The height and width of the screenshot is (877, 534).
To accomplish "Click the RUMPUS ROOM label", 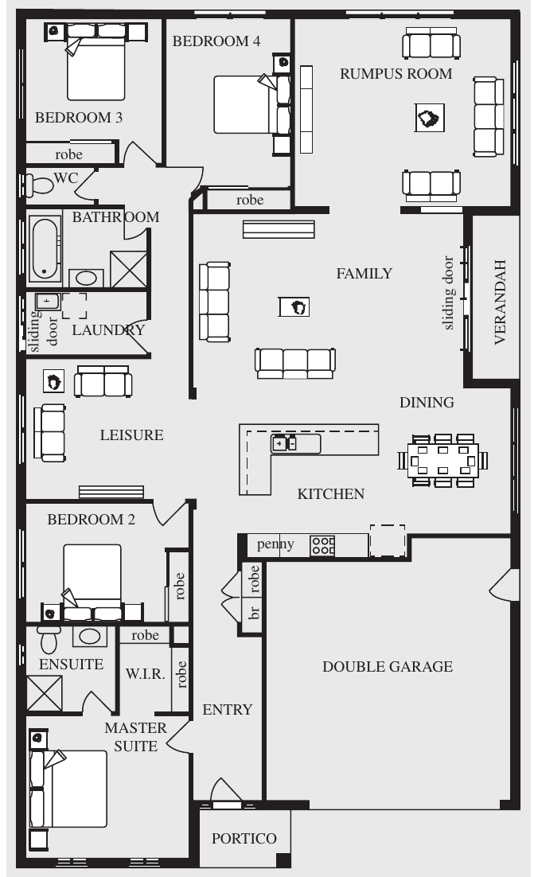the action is (396, 74).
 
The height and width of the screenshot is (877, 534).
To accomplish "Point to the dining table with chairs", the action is (442, 460).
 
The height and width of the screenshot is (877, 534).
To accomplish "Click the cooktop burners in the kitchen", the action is (322, 545).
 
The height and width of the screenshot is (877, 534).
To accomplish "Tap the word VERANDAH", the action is (500, 302).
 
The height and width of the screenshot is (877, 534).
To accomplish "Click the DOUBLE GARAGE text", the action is (388, 667).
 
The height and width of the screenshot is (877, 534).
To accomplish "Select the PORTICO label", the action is (244, 839).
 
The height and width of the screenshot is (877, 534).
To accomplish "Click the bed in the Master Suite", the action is (68, 789).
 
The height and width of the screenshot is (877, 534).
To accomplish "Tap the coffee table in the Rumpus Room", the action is (430, 118).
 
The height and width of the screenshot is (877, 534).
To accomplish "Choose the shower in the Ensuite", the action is (45, 693).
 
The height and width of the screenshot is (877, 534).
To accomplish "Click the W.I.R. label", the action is (146, 674).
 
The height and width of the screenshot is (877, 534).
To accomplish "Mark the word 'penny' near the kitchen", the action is (275, 544).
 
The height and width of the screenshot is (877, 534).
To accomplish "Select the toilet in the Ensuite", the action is (49, 639).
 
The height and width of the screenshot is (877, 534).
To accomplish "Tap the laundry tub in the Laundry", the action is (48, 302).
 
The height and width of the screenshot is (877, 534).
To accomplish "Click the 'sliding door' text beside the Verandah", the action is (448, 293).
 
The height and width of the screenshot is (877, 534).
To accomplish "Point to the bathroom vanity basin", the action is (86, 278).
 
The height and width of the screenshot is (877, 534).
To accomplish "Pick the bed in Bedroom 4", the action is (251, 104).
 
